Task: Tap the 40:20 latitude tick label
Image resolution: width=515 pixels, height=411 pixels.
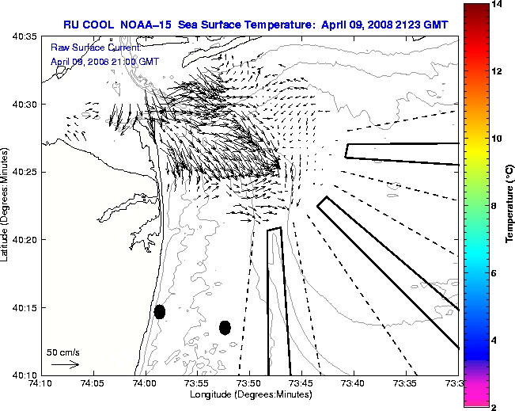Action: pos(26,240)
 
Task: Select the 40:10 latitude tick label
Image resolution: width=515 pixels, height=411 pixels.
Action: pos(26,375)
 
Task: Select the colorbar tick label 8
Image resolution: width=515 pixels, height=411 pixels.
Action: pos(494,206)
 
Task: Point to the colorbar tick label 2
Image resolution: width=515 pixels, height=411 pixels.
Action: pos(494,407)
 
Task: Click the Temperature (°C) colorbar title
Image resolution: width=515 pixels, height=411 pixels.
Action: pos(510,206)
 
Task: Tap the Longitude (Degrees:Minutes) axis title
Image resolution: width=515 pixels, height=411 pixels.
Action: pos(248,394)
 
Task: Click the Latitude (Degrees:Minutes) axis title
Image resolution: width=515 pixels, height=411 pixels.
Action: pos(7,205)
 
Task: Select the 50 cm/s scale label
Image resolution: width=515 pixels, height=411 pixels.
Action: pos(63,352)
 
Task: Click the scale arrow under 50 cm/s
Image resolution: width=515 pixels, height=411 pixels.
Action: pos(65,364)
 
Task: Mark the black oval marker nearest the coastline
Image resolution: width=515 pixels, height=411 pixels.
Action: pos(160,311)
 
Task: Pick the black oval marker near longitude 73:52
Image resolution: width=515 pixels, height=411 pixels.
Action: pos(225,327)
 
